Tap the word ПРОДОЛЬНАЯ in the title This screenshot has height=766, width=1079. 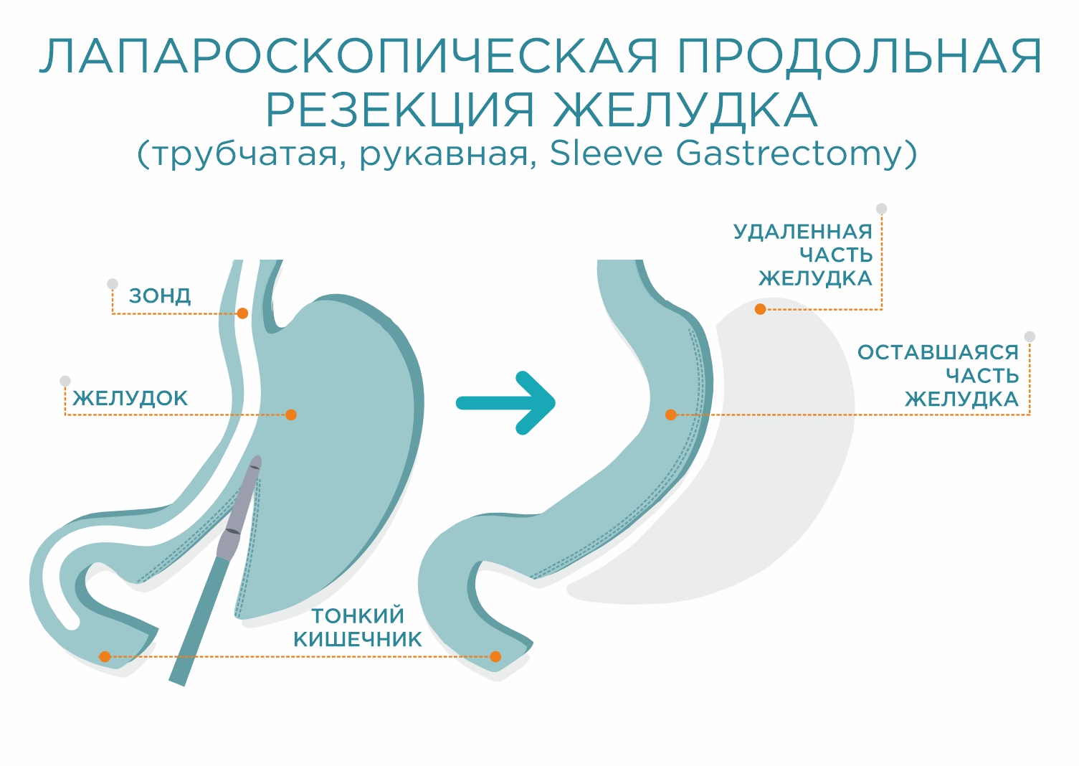[x=860, y=56]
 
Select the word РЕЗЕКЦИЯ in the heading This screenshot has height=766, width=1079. [x=400, y=110]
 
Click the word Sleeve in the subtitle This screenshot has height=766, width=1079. [x=606, y=153]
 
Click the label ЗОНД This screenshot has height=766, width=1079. [x=160, y=295]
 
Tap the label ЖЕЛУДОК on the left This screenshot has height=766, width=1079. [x=130, y=398]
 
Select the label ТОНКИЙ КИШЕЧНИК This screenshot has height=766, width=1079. [x=358, y=627]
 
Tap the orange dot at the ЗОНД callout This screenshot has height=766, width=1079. [x=242, y=313]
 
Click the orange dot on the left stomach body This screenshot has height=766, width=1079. [x=291, y=415]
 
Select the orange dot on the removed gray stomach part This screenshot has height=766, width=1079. [x=761, y=309]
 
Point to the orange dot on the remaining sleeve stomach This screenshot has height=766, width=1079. [x=671, y=415]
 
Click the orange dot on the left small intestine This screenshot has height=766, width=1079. [x=105, y=656]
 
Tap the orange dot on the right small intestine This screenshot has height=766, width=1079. [x=495, y=656]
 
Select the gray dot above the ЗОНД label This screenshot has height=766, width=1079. [x=113, y=284]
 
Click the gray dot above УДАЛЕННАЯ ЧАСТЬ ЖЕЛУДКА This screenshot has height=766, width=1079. [x=882, y=209]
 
